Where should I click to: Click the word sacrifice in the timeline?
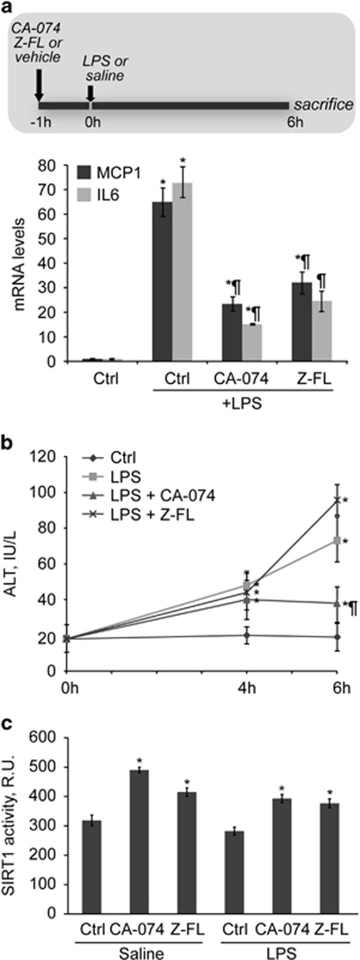point(323,105)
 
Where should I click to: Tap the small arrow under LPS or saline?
point(90,93)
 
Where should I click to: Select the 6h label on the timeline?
point(295,122)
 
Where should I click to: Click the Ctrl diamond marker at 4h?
point(246,635)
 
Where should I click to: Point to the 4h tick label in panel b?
point(246,687)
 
